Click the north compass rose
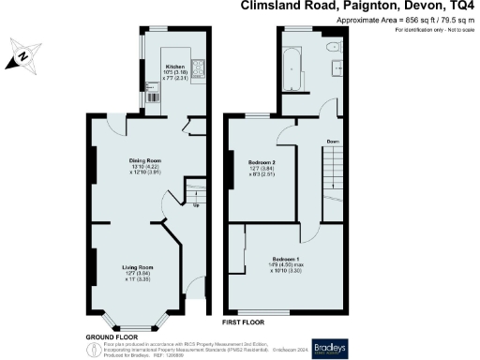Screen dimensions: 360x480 coord(22,56)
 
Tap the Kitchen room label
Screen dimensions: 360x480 coord(175,67)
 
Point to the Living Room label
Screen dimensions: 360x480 coord(138,267)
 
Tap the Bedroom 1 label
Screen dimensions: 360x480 coord(287,258)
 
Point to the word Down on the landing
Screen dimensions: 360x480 coord(333,142)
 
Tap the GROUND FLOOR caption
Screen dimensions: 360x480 coord(108,336)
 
